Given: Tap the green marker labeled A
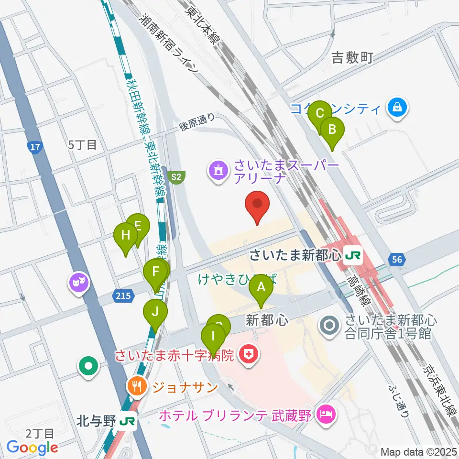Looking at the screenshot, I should pyautogui.click(x=261, y=288).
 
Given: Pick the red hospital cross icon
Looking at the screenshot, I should pyautogui.click(x=249, y=355).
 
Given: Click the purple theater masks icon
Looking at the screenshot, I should pyautogui.click(x=77, y=282).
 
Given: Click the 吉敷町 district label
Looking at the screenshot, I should pyautogui.click(x=352, y=58).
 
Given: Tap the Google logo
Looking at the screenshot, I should pyautogui.click(x=33, y=448).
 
